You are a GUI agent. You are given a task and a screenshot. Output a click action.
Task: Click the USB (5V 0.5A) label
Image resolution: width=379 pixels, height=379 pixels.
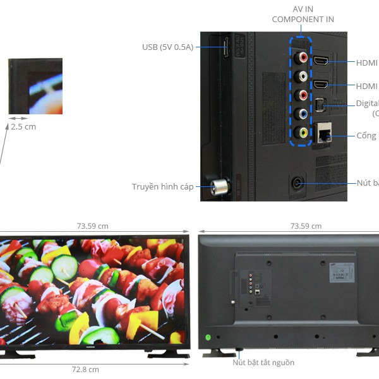click(167, 47)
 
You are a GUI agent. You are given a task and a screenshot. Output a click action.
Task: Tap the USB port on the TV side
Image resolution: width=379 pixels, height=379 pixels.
click(226, 49)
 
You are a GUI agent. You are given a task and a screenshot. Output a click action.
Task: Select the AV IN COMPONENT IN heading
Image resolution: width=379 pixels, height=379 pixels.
click(303, 15)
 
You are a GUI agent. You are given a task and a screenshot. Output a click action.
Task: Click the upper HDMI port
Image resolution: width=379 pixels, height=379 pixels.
click(322, 62)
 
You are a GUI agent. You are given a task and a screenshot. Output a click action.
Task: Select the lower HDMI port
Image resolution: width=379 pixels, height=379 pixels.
click(322, 85)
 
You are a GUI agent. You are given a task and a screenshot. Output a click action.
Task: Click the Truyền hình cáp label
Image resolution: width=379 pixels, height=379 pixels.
click(163, 186)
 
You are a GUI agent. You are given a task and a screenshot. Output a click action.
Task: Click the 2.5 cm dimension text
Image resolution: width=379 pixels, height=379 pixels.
click(23, 126)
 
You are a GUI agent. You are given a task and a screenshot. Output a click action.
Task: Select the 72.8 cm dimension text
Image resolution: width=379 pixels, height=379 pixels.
click(85, 370)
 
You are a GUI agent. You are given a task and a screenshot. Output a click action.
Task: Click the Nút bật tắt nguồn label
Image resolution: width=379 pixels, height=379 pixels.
click(263, 363)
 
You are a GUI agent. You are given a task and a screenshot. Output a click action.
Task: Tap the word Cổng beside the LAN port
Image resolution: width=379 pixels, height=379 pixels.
click(366, 136)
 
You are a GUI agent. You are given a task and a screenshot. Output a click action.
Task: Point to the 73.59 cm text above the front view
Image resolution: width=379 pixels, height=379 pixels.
click(93, 226)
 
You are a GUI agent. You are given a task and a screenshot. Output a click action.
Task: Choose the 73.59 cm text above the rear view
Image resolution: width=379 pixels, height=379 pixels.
click(306, 226)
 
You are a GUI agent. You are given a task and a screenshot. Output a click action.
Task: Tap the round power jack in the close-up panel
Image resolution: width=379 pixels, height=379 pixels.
click(297, 184)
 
